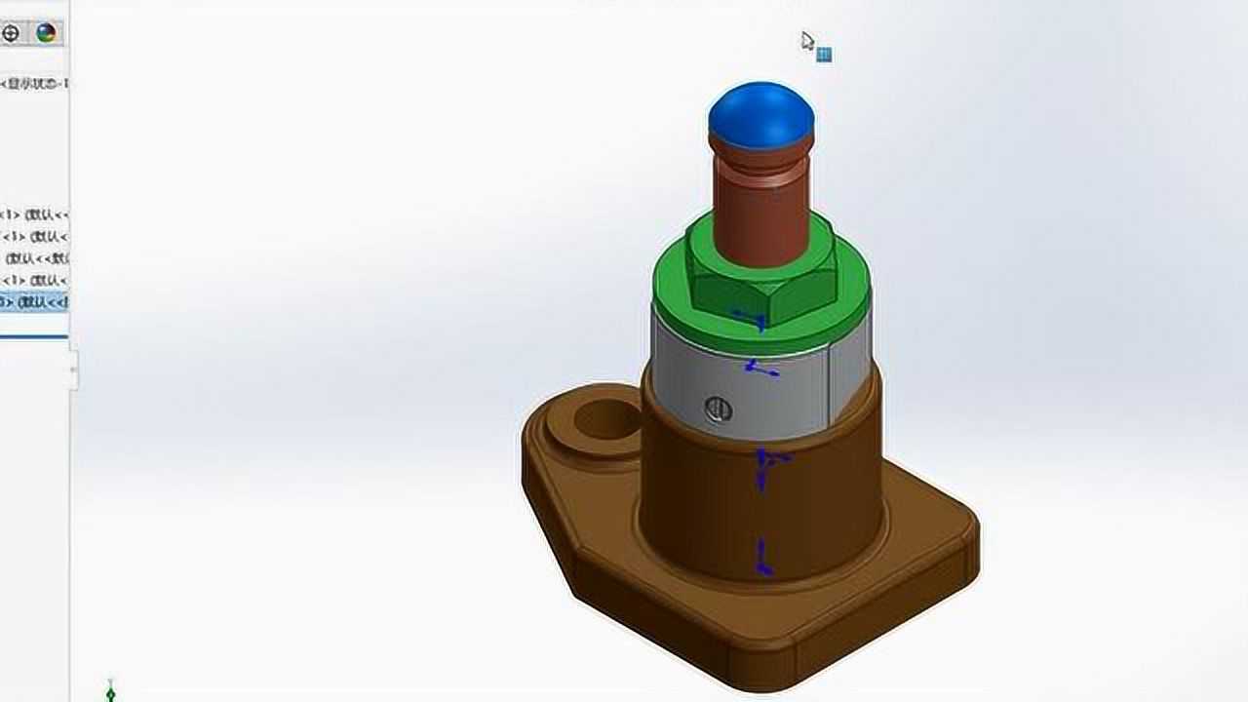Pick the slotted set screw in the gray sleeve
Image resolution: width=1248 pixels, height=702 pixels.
[x=718, y=409]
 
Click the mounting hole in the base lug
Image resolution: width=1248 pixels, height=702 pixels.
[x=605, y=420]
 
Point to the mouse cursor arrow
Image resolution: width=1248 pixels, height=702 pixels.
[x=806, y=40]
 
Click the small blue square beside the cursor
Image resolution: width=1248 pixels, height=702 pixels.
[x=824, y=55]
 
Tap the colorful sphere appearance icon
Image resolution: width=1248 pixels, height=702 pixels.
[x=46, y=33]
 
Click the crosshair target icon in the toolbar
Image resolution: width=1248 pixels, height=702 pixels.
[x=11, y=33]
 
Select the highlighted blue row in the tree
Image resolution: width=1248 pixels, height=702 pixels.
[x=34, y=302]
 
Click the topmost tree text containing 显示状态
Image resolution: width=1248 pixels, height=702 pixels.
[x=34, y=84]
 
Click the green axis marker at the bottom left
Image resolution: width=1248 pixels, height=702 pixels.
[x=110, y=692]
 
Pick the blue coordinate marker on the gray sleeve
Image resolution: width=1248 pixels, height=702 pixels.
[x=759, y=368]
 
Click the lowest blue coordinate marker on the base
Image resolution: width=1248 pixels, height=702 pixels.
[x=763, y=561]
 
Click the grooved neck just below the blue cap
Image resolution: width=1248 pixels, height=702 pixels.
[x=760, y=156]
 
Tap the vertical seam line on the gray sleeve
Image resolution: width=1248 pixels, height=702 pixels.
[x=829, y=390]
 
